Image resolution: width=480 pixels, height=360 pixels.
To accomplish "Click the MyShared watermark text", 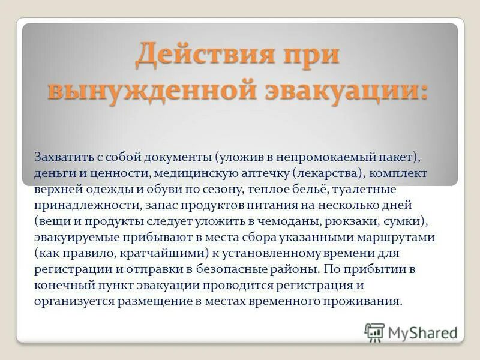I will coord(422,332).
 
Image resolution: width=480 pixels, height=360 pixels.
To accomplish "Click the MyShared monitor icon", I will coord(374,332).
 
